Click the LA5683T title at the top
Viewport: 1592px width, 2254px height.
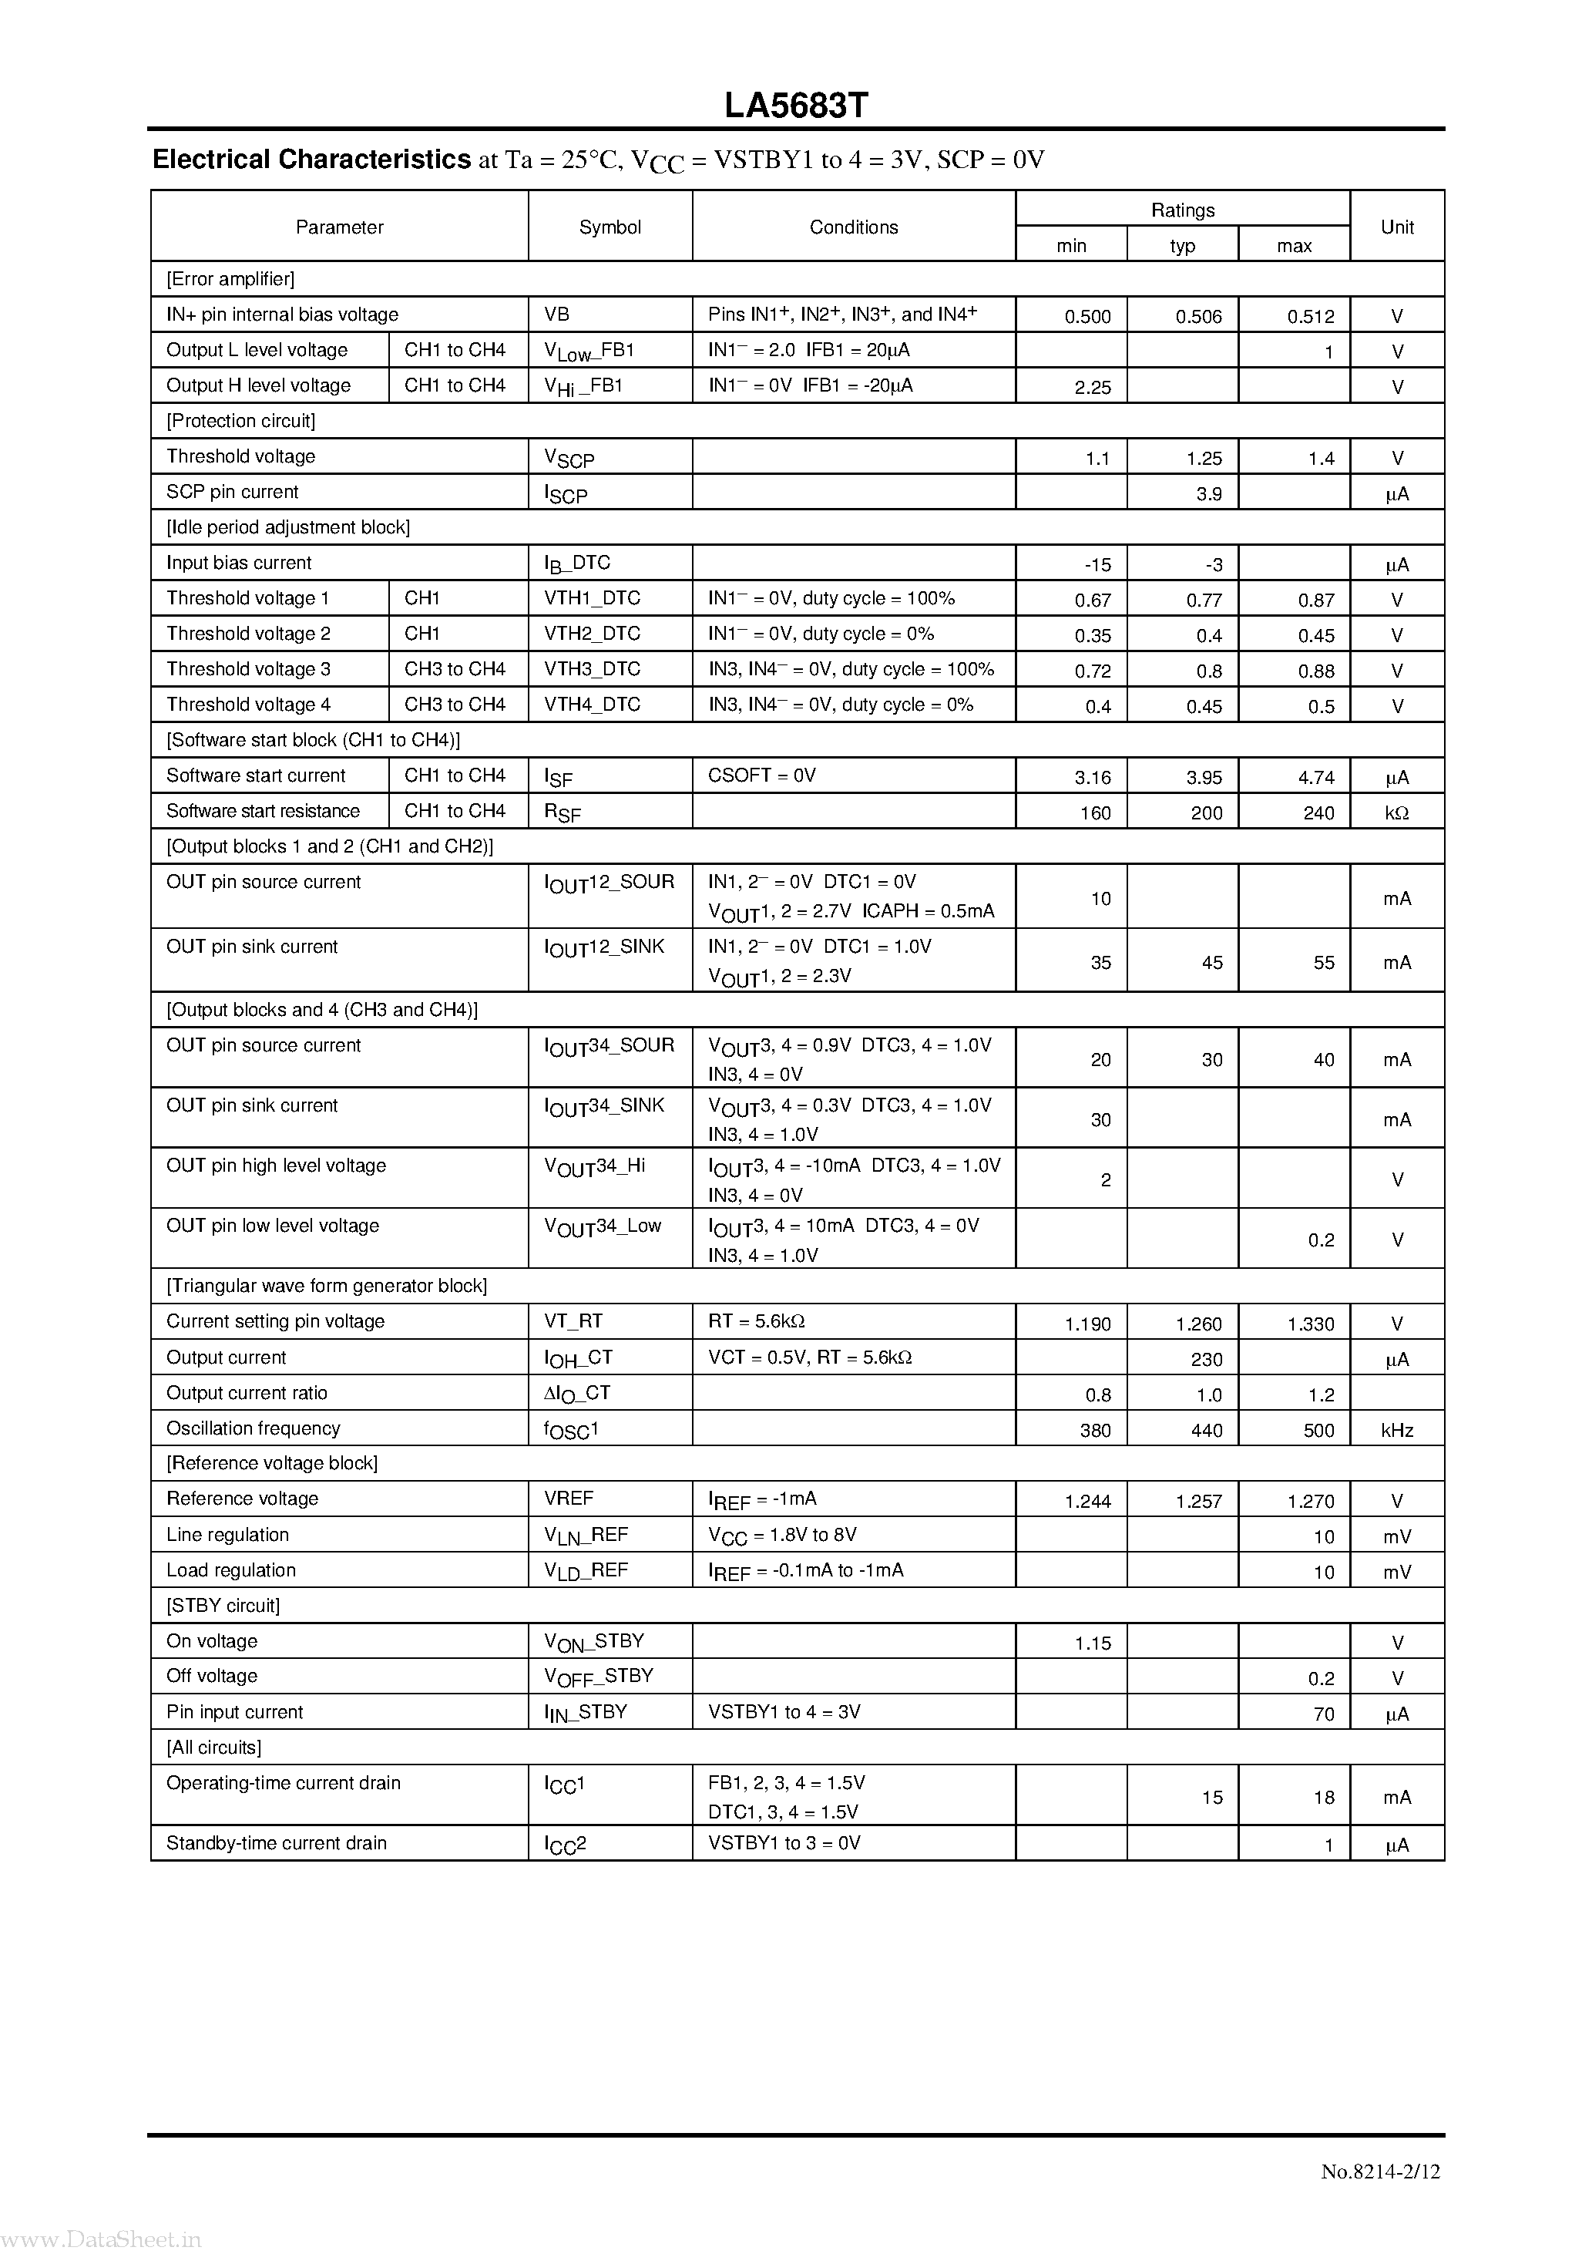(x=796, y=106)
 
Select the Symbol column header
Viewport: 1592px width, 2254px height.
(x=610, y=227)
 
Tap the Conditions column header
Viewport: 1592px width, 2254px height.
(x=853, y=227)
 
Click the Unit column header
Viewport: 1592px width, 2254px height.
(x=1397, y=227)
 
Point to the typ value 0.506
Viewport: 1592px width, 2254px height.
(x=1198, y=316)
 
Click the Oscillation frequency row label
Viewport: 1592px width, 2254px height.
(x=254, y=1428)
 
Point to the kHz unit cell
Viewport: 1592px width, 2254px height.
(x=1397, y=1431)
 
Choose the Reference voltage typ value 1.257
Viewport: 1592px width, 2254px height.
(x=1198, y=1501)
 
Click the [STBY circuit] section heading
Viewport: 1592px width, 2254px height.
(x=223, y=1605)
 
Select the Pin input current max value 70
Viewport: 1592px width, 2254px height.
(x=1323, y=1714)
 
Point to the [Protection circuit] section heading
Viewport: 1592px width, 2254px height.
(x=241, y=421)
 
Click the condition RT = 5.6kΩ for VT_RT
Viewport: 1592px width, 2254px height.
(x=756, y=1321)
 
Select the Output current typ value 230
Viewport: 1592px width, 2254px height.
(x=1206, y=1360)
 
